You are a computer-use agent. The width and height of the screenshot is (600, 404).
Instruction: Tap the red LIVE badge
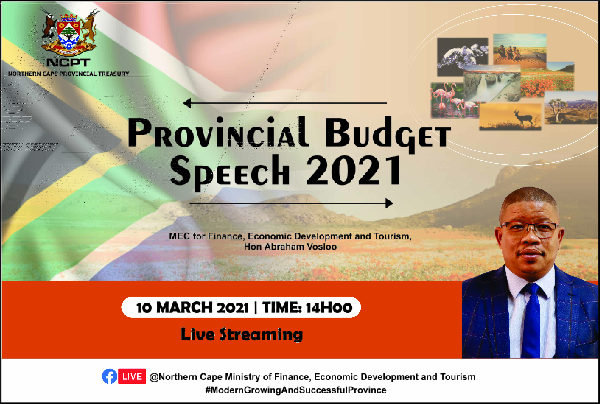[132, 376]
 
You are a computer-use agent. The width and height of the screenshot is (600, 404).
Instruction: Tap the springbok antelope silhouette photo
[510, 116]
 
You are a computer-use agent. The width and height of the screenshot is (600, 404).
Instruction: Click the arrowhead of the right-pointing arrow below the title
[389, 203]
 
